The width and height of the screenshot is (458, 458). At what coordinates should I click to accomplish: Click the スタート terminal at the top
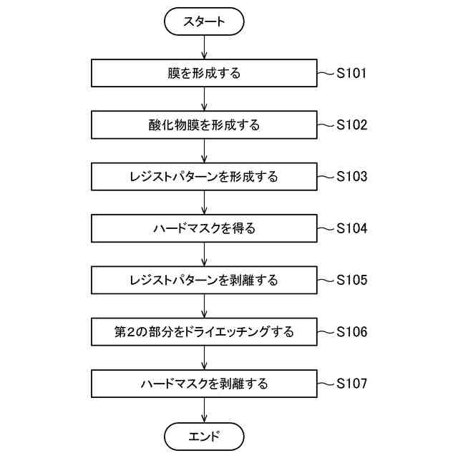coord(205,21)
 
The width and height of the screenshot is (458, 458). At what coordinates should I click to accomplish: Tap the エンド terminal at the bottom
coord(205,436)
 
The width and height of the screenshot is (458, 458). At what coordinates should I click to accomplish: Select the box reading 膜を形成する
coord(205,73)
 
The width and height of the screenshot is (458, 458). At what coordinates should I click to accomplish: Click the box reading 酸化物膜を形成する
coord(205,125)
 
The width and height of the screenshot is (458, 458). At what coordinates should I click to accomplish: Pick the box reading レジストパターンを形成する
coord(205,177)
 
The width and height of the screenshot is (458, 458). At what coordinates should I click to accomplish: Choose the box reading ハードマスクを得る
coord(205,229)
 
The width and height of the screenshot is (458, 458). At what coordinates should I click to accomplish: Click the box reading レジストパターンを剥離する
coord(205,281)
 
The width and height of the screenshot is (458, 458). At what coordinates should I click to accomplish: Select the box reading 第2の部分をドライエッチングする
coord(205,332)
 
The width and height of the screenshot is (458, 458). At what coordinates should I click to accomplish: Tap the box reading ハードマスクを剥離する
coord(205,384)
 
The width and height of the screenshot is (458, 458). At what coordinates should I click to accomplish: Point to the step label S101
coord(352,73)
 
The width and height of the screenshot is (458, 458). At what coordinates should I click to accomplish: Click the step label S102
coord(352,125)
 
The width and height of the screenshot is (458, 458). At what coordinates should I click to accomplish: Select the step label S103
coord(352,177)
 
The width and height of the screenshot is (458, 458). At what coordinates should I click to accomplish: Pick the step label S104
coord(352,229)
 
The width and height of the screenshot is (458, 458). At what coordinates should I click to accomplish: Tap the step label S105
coord(352,281)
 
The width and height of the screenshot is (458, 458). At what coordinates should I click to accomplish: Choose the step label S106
coord(352,332)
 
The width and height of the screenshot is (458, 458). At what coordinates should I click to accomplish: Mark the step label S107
coord(352,384)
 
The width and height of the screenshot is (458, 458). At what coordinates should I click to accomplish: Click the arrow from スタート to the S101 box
coord(205,47)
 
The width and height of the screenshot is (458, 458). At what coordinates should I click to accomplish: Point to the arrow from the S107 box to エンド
coord(205,410)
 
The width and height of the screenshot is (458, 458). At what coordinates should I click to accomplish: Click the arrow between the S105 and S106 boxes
coord(205,306)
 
